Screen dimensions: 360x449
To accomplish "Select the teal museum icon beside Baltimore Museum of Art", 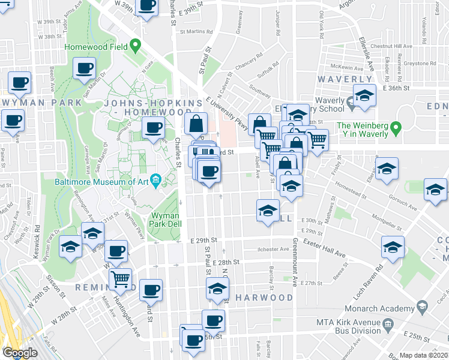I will pos(155,179).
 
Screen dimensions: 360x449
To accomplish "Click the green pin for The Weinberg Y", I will pos(396,127).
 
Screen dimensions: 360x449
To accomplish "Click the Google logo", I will pos(20,353).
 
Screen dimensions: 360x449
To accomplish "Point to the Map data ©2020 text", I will pos(424,355).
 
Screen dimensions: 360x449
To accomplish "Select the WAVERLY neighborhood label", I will pos(345,79).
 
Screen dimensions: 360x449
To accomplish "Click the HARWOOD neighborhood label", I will pos(264,298).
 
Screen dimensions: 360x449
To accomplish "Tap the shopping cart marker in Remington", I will pos(121,278).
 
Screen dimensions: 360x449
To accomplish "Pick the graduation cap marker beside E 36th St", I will pos(364,96).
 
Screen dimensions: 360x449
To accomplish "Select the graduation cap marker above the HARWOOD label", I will pos(217,288).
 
